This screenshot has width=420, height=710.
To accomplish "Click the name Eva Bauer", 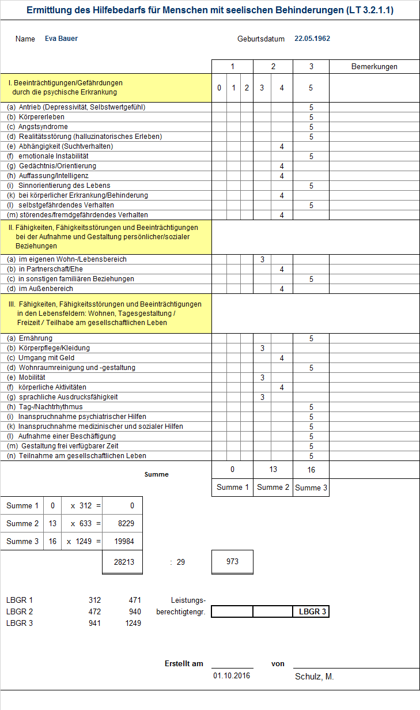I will pyautogui.click(x=61, y=39).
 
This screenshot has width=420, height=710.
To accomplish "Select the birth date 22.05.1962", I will pyautogui.click(x=312, y=39).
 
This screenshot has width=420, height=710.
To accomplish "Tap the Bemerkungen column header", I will pyautogui.click(x=374, y=67).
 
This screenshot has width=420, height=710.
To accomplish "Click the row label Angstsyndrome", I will pyautogui.click(x=43, y=127).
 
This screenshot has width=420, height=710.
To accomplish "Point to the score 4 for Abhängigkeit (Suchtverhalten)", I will pyautogui.click(x=282, y=146).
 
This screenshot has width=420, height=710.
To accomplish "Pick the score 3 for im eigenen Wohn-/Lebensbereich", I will pyautogui.click(x=262, y=259).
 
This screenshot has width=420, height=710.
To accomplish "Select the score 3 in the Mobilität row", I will pyautogui.click(x=262, y=377).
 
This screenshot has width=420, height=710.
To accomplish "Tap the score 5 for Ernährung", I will pyautogui.click(x=311, y=338).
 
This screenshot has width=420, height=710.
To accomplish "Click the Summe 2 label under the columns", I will pyautogui.click(x=273, y=488).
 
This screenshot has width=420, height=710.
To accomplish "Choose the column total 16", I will pyautogui.click(x=311, y=470).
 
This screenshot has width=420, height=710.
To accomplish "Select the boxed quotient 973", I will pyautogui.click(x=232, y=562).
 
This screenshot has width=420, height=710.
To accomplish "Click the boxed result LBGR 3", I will pyautogui.click(x=311, y=612).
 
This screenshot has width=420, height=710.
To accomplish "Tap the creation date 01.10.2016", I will pyautogui.click(x=232, y=676).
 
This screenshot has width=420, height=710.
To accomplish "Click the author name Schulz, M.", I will pyautogui.click(x=315, y=677).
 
